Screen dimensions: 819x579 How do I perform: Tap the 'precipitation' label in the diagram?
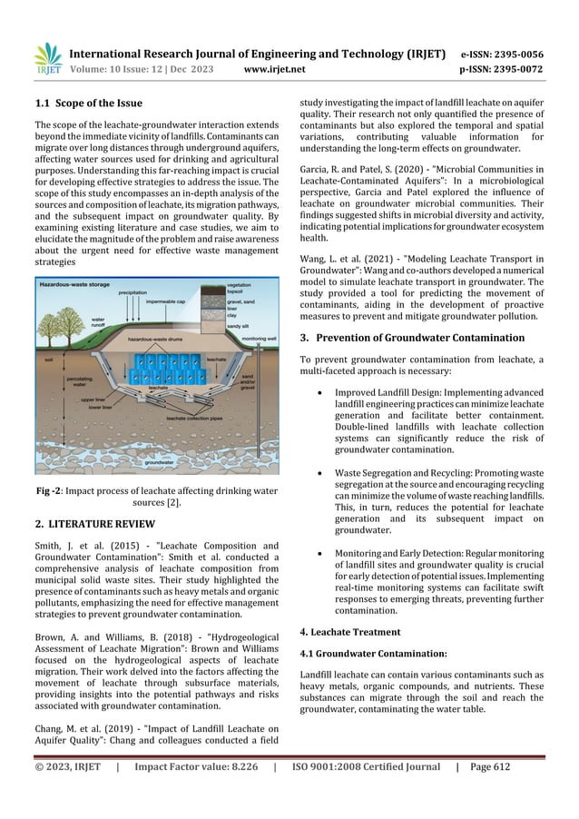click(x=142, y=293)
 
